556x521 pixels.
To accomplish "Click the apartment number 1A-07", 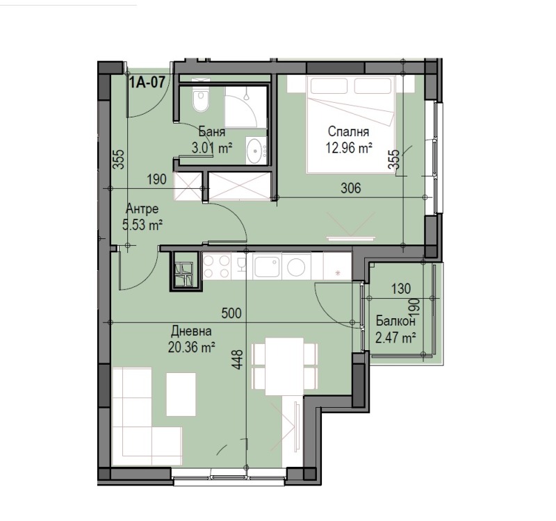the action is coord(147,83).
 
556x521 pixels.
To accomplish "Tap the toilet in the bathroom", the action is coord(200,100).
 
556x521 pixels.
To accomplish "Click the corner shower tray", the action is coord(245,107).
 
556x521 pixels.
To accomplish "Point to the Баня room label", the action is coord(212,132).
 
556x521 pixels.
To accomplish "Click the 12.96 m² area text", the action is coord(349,147).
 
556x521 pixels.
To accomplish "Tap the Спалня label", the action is coord(349,131).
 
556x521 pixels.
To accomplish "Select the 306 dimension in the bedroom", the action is coord(351,188).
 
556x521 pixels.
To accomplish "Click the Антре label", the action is coord(142,209).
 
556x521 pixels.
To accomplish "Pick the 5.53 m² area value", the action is coord(142,224).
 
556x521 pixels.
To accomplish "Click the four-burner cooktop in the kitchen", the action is coord(216,266).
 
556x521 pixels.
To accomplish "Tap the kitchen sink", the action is coord(267,267).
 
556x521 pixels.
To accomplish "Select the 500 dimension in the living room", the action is coord(231,313).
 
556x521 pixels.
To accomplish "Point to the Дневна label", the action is coord(191,331).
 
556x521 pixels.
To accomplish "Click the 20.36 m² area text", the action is coord(192,347).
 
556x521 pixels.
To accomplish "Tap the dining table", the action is coord(285,367).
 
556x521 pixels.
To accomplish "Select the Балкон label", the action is coord(395,322).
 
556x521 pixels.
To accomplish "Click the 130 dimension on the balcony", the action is coord(401,289).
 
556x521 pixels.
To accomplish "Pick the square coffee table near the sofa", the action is coord(181,394).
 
